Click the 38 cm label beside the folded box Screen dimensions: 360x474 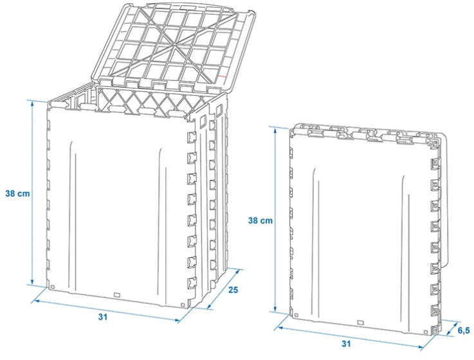(260, 221)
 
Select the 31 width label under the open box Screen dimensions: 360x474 (104, 316)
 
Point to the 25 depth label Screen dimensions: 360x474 (233, 291)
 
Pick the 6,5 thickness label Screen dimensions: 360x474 (463, 330)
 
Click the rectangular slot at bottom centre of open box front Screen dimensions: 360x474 (117, 295)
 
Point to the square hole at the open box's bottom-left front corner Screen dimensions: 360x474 (53, 287)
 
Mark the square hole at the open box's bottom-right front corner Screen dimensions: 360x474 (183, 301)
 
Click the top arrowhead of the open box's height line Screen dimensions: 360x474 (31, 102)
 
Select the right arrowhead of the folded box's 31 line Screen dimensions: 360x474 (430, 349)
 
